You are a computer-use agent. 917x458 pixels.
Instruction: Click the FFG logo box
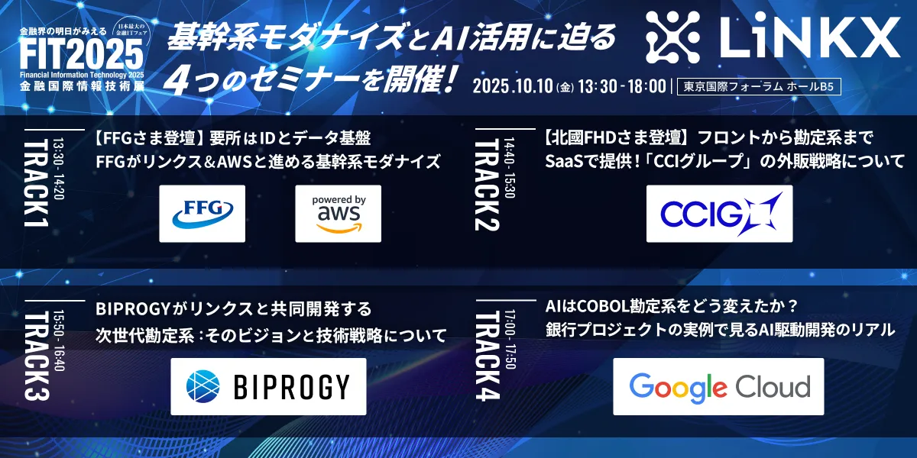click(202, 214)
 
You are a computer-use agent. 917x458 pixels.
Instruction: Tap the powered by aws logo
click(338, 214)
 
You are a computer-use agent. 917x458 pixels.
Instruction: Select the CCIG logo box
click(719, 214)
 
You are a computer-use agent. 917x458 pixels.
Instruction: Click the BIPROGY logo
click(268, 386)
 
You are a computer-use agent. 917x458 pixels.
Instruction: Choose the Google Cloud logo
click(718, 386)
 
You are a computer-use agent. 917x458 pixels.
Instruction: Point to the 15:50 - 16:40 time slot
click(59, 340)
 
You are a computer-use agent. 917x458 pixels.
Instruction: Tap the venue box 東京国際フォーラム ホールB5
click(759, 86)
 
